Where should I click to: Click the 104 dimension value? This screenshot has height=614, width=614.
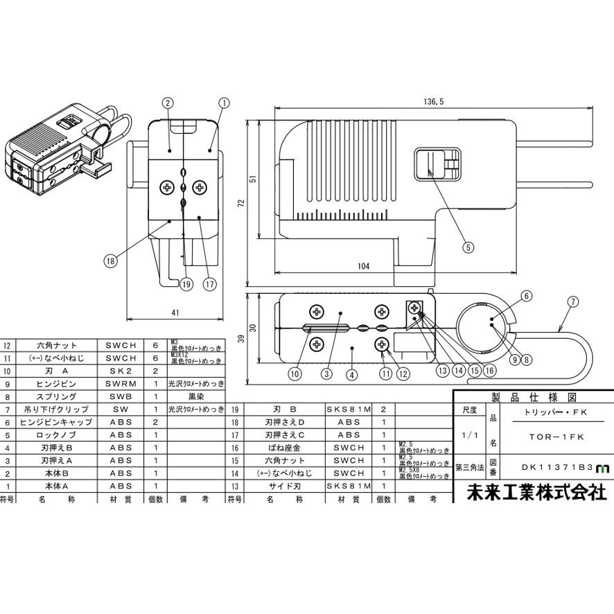tap(364, 266)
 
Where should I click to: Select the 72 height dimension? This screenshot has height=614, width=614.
tap(242, 203)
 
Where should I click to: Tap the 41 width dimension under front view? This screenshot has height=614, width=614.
tap(175, 313)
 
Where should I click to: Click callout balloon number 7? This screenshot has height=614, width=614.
tap(572, 301)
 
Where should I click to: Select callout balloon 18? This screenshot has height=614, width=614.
tap(110, 261)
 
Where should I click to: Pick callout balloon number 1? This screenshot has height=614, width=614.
tap(223, 103)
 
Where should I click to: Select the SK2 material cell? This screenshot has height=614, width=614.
tap(121, 371)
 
